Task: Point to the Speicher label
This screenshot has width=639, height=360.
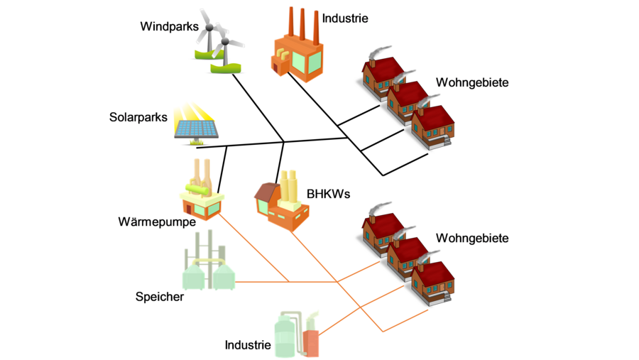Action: pyautogui.click(x=160, y=296)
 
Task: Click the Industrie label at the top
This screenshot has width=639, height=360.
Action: pyautogui.click(x=345, y=18)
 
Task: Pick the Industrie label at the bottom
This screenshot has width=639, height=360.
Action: pyautogui.click(x=248, y=345)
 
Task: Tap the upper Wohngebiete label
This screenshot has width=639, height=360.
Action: pyautogui.click(x=472, y=82)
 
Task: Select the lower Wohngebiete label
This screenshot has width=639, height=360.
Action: pyautogui.click(x=472, y=238)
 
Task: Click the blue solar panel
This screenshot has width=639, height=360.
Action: pyautogui.click(x=198, y=129)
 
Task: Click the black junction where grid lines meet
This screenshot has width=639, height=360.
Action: pyautogui.click(x=284, y=142)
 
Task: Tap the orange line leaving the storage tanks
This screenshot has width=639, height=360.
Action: pyautogui.click(x=263, y=281)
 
